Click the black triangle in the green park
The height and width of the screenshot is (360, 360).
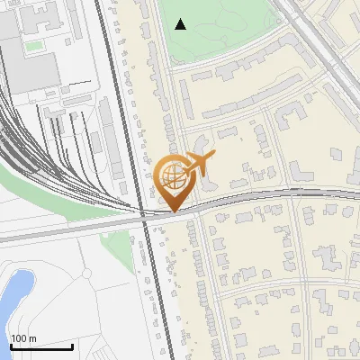[181, 24]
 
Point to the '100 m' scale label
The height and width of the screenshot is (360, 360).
[23, 338]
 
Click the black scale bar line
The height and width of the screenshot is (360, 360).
[41, 346]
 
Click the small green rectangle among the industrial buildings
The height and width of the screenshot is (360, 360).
[33, 45]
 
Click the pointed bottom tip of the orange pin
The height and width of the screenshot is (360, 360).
[172, 211]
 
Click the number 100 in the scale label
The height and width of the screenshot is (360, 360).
[18, 338]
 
